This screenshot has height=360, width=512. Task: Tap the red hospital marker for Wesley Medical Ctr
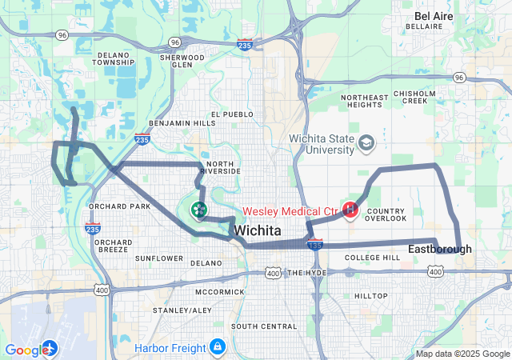[x=350, y=210]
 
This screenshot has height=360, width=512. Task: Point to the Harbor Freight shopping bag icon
[x=217, y=346]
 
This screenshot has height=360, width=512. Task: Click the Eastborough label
[x=439, y=250]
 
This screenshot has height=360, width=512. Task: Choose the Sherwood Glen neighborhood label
[x=177, y=62]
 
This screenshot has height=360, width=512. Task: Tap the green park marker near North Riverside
[x=198, y=210]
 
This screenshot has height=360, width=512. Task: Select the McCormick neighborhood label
[x=218, y=292]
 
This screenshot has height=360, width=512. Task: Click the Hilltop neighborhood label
[x=370, y=296]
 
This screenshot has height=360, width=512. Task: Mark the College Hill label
[x=372, y=258]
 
